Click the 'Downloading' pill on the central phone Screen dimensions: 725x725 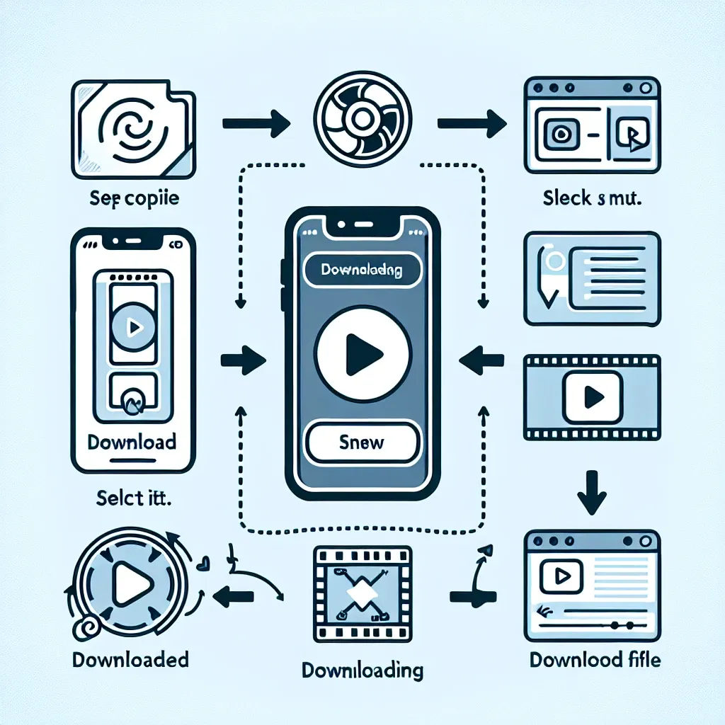tap(362, 270)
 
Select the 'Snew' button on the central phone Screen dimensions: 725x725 tap(362, 443)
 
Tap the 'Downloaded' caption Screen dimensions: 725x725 tap(130, 660)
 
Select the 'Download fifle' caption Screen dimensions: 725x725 tap(595, 660)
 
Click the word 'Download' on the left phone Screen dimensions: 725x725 tap(132, 442)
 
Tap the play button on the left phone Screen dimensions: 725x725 tap(132, 327)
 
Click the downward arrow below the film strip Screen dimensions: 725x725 tap(591, 500)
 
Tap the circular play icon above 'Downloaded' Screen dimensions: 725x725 tap(132, 583)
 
